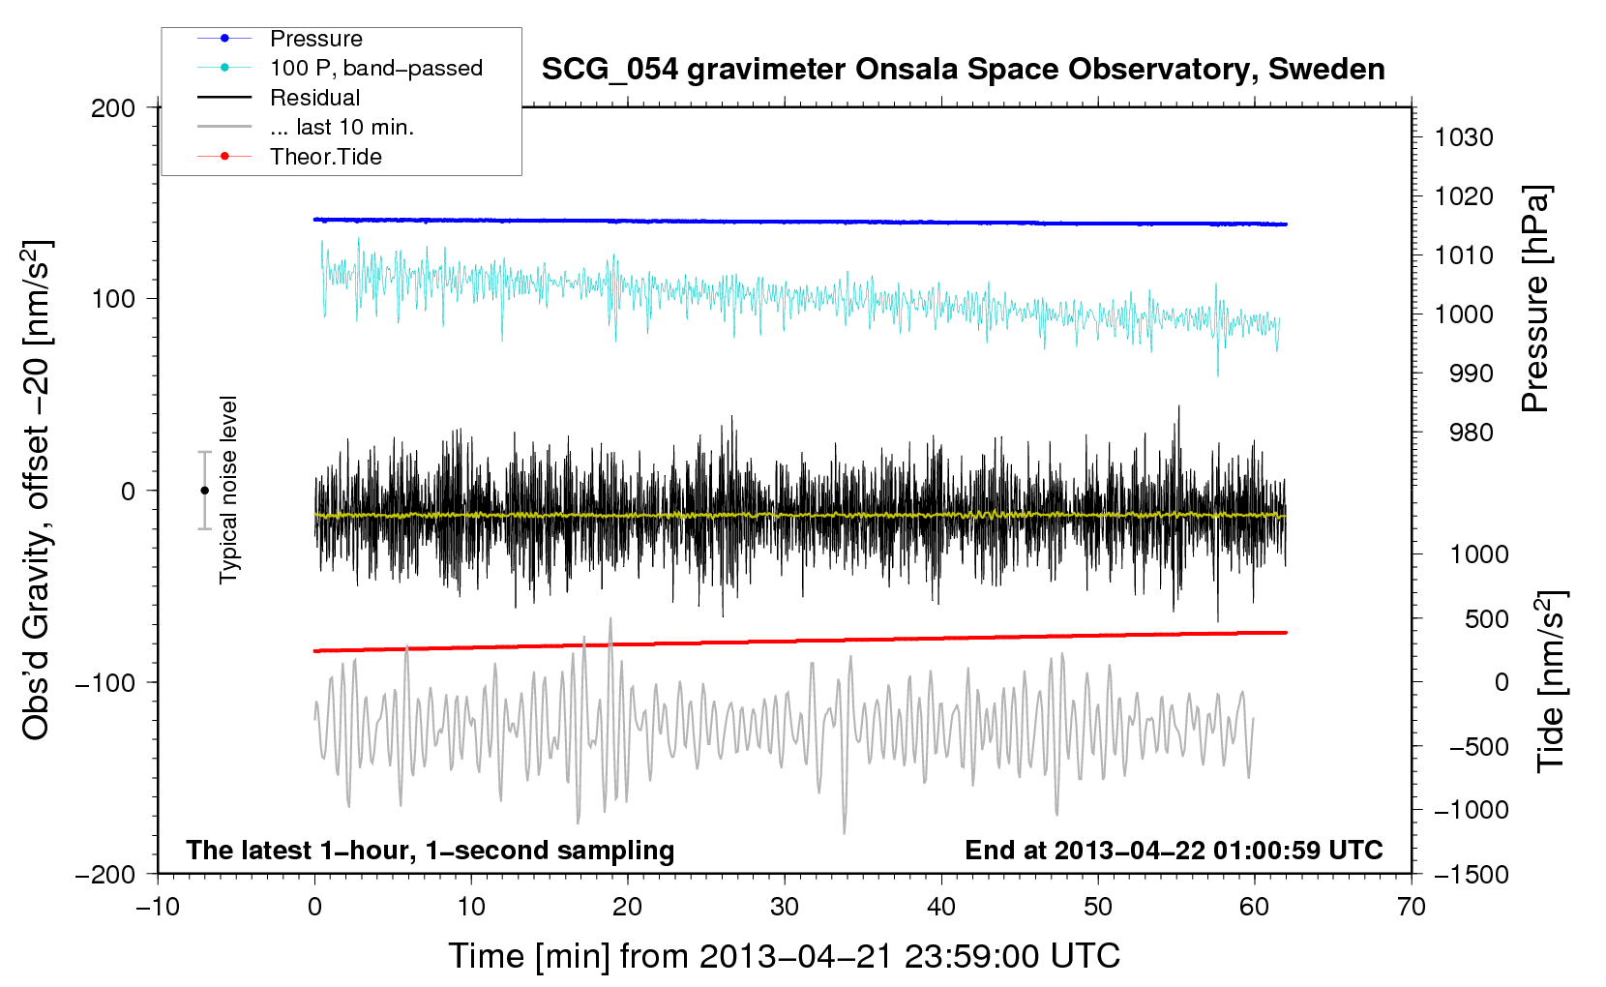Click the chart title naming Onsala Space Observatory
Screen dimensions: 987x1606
coord(963,70)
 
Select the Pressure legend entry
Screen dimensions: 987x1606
coord(315,39)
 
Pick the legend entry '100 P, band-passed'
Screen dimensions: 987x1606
coord(375,68)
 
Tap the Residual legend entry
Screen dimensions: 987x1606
coord(314,98)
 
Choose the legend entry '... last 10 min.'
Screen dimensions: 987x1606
coord(342,127)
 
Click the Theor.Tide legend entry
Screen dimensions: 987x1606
coord(325,157)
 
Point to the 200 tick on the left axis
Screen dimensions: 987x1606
coord(113,107)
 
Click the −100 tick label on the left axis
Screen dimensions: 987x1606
coord(105,682)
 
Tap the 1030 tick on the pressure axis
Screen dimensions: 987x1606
coord(1464,137)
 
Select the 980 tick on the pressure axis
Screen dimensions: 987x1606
coord(1471,433)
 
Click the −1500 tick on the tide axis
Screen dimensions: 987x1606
coord(1472,874)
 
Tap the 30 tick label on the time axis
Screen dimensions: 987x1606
coord(785,907)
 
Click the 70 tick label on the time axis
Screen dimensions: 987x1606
coord(1412,907)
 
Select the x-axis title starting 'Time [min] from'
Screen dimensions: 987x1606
coord(784,956)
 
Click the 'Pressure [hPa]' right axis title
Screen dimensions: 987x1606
coord(1535,299)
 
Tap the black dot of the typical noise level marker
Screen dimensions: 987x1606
coord(204,491)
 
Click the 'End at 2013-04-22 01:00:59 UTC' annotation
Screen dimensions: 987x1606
coord(1174,851)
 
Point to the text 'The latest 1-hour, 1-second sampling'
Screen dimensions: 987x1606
coord(431,851)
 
